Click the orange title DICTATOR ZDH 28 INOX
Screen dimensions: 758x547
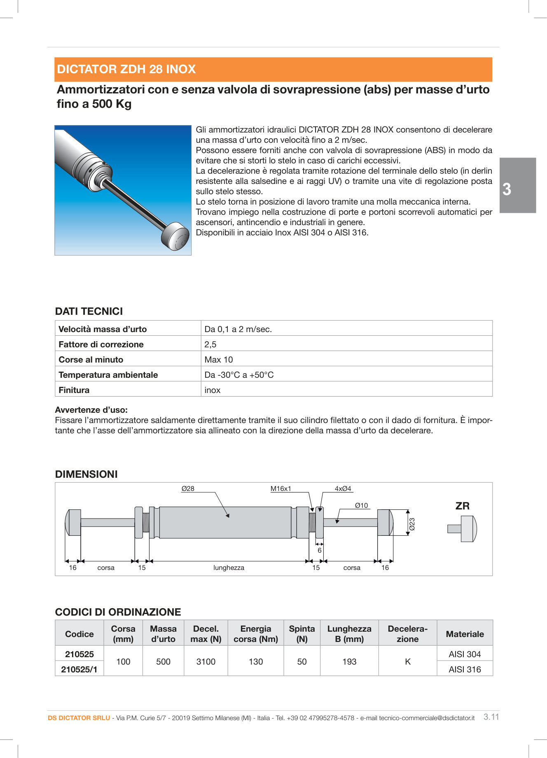pyautogui.click(x=126, y=69)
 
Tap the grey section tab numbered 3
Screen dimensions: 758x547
pyautogui.click(x=517, y=185)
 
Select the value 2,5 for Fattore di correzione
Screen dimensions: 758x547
pyautogui.click(x=210, y=344)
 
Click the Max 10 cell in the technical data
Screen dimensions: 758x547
pyautogui.click(x=219, y=360)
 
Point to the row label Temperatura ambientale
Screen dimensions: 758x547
pyautogui.click(x=108, y=375)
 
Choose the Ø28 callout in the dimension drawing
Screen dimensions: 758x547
pyautogui.click(x=188, y=488)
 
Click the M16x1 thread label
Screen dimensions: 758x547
pyautogui.click(x=281, y=488)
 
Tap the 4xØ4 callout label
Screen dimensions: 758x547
pyautogui.click(x=343, y=488)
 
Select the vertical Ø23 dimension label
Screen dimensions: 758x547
pyautogui.click(x=412, y=524)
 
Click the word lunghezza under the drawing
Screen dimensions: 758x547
pyautogui.click(x=229, y=567)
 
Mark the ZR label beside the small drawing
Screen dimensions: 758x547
pyautogui.click(x=462, y=506)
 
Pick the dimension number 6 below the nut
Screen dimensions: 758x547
pyautogui.click(x=319, y=550)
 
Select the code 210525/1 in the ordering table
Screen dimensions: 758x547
pyautogui.click(x=79, y=670)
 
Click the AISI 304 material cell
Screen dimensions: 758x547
pyautogui.click(x=465, y=654)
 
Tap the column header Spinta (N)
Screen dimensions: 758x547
pyautogui.click(x=302, y=634)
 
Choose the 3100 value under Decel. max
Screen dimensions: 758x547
pyautogui.click(x=206, y=662)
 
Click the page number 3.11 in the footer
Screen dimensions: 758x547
pyautogui.click(x=491, y=717)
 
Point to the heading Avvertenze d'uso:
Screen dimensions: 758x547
pyautogui.click(x=91, y=410)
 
